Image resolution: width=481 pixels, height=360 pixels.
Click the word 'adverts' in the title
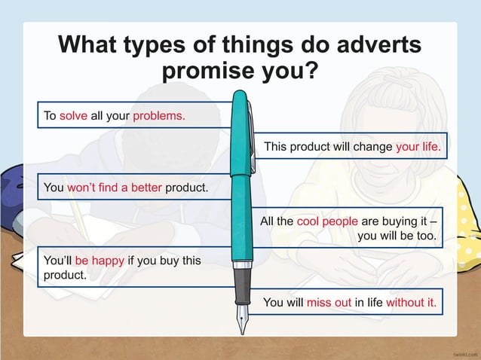pyautogui.click(x=375, y=44)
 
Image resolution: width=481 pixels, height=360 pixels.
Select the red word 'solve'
pyautogui.click(x=74, y=116)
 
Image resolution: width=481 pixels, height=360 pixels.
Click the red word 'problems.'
pyautogui.click(x=159, y=116)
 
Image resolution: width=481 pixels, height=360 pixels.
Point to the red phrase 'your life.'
pyautogui.click(x=418, y=146)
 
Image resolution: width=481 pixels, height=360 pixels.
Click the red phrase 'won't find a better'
pyautogui.click(x=115, y=187)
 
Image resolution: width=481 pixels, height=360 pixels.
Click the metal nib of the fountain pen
pyautogui.click(x=241, y=319)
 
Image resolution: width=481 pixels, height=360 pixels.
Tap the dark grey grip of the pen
pyautogui.click(x=241, y=285)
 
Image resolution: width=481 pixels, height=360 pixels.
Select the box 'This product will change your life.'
pyautogui.click(x=351, y=146)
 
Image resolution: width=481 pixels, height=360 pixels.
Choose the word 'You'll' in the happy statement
pyautogui.click(x=57, y=261)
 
